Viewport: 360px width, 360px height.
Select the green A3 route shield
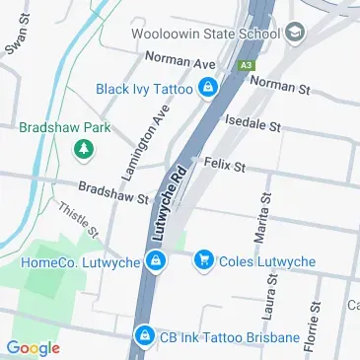click(246, 65)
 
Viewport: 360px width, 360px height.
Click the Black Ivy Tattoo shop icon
click(207, 90)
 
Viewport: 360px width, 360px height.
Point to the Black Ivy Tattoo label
click(145, 90)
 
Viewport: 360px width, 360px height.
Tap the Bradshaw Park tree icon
click(85, 149)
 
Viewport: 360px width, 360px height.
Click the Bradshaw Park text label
click(64, 128)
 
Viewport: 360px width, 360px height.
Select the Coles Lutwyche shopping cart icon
click(203, 260)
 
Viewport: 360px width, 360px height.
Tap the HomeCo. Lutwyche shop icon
click(155, 261)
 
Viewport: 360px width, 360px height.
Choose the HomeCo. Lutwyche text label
click(81, 262)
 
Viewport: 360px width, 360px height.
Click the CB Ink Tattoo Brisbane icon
click(144, 338)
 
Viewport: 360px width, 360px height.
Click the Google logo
click(33, 347)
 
